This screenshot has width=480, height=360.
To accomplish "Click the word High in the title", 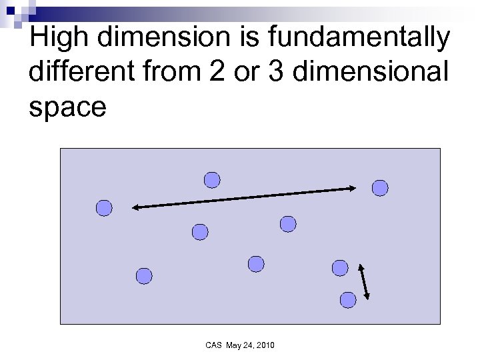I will (59, 39).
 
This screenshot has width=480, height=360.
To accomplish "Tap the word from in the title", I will (171, 72).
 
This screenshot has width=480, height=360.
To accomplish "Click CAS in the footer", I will (213, 345).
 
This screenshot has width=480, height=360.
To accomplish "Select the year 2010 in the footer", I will (264, 345).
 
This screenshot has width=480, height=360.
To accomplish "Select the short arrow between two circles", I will (364, 282).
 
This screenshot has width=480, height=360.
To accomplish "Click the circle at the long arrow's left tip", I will (104, 209).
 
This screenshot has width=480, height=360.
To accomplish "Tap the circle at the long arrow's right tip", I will (379, 189).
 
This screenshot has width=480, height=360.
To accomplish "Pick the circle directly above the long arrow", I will (211, 180).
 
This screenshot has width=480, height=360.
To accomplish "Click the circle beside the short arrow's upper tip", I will (340, 268).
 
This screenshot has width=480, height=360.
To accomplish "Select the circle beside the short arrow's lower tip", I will (347, 300).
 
